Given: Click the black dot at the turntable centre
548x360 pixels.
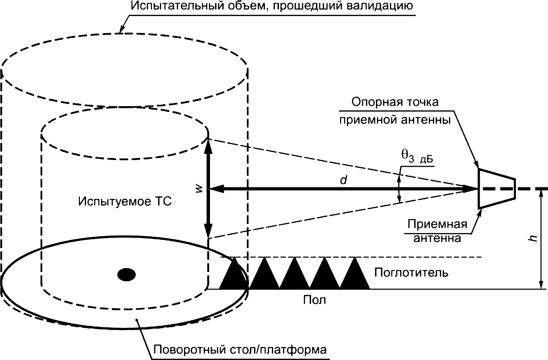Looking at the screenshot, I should (126, 274).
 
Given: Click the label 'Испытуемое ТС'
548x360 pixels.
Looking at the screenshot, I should (125, 202).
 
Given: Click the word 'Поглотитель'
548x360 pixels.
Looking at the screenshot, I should (411, 273).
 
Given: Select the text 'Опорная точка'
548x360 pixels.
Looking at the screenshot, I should (395, 102).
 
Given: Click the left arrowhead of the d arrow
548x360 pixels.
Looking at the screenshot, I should (215, 188).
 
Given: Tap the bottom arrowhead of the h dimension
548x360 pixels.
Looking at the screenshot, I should (541, 285).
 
